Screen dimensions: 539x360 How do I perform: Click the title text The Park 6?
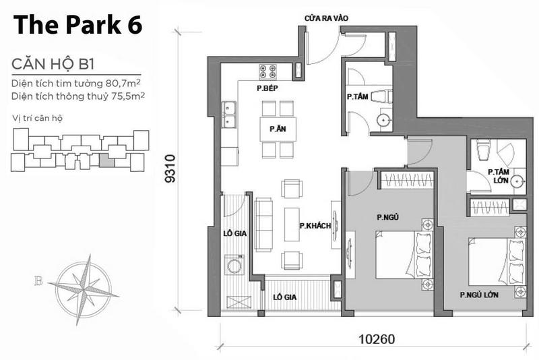(77, 25)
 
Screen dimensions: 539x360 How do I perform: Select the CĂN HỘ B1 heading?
(53, 64)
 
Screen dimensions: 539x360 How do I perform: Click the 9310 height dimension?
(170, 169)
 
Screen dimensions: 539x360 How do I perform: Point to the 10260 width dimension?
(377, 339)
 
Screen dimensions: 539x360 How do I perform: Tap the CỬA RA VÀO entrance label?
(326, 18)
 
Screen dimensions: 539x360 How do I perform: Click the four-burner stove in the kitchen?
(268, 71)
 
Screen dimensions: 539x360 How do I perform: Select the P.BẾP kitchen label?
(267, 88)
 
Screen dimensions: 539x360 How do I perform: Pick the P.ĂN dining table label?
(278, 129)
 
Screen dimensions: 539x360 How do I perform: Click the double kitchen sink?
(228, 114)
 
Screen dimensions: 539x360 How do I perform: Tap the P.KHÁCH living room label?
(315, 226)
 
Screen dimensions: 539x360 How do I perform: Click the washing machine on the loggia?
(234, 264)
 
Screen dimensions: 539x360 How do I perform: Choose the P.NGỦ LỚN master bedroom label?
(479, 295)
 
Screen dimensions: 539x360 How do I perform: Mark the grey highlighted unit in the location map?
(107, 160)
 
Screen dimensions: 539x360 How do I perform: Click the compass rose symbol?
(84, 289)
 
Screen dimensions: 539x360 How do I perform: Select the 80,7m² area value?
(123, 83)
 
